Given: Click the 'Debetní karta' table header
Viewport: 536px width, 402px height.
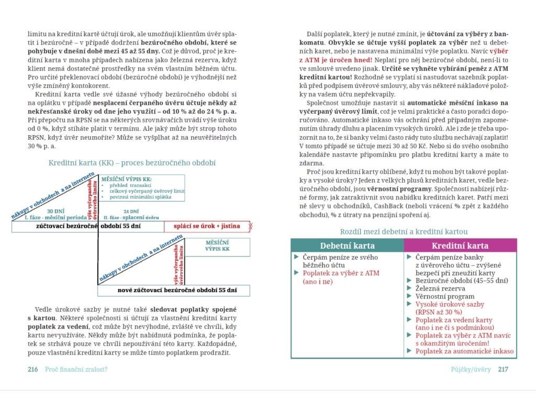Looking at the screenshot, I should click(x=347, y=245).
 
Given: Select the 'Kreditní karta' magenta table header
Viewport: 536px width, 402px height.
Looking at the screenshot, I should click(x=460, y=245).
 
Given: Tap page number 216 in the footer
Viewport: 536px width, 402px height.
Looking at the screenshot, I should click(x=32, y=369).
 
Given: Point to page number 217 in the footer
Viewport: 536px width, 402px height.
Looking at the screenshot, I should click(x=503, y=369).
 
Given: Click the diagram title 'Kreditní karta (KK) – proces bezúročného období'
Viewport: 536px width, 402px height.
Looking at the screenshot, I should click(x=132, y=163).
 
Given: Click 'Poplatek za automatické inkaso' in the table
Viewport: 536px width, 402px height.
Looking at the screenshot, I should click(x=464, y=351).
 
